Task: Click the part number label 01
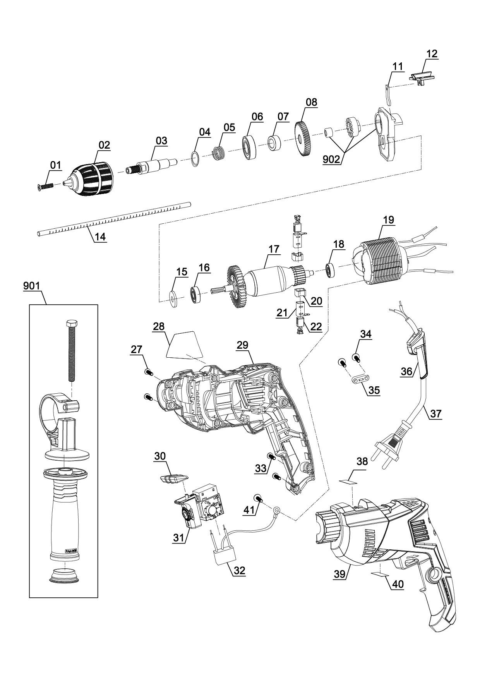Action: [55, 165]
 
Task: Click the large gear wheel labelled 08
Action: [303, 139]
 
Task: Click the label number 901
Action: [31, 286]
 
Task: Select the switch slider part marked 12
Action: [422, 77]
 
